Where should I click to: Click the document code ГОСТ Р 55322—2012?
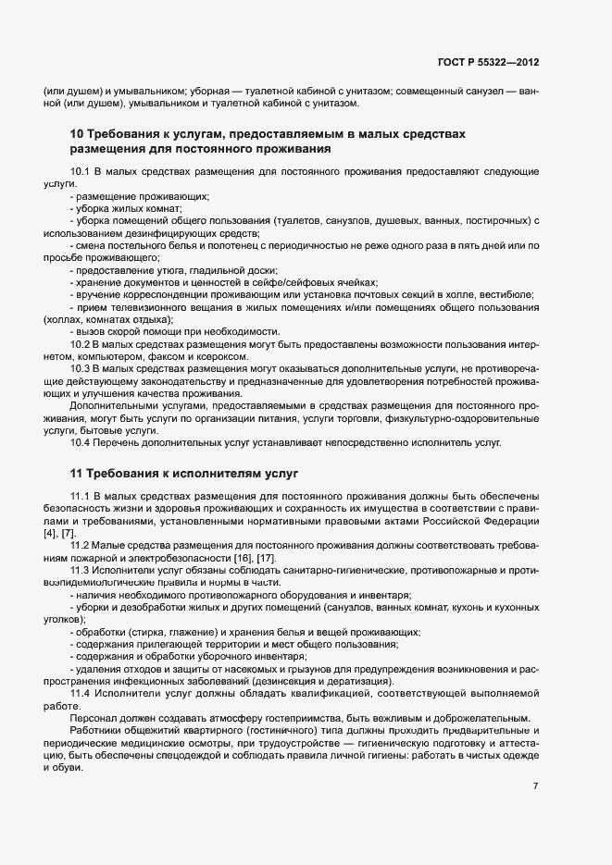(488, 62)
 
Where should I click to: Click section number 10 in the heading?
(77, 134)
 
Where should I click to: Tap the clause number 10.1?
(80, 172)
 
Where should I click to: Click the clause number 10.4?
(80, 442)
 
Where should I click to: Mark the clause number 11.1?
(80, 499)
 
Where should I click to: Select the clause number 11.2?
(80, 547)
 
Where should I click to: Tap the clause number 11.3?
(80, 571)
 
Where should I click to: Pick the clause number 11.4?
(80, 692)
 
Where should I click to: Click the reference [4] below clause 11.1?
(48, 535)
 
